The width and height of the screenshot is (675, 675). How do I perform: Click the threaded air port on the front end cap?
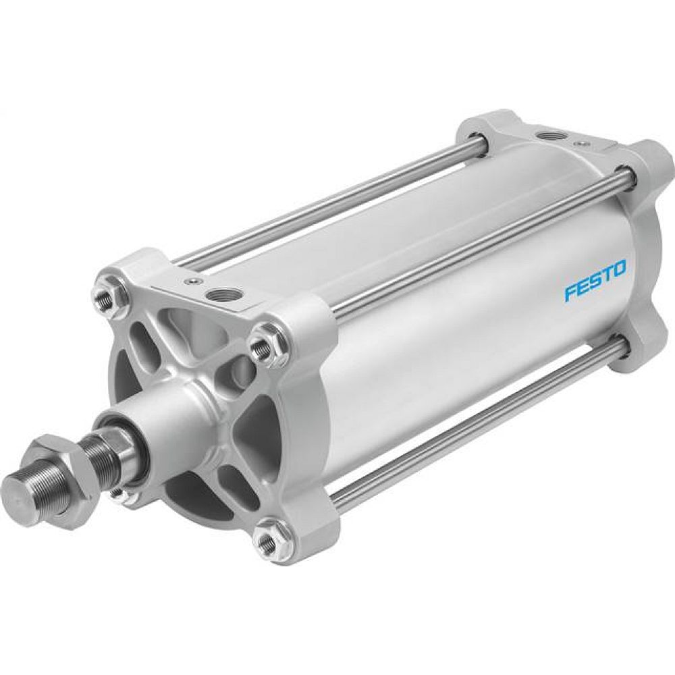(221, 295)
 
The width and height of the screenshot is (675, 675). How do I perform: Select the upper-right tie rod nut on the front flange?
(260, 348)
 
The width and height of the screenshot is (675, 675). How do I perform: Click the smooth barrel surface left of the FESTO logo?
(439, 324)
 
